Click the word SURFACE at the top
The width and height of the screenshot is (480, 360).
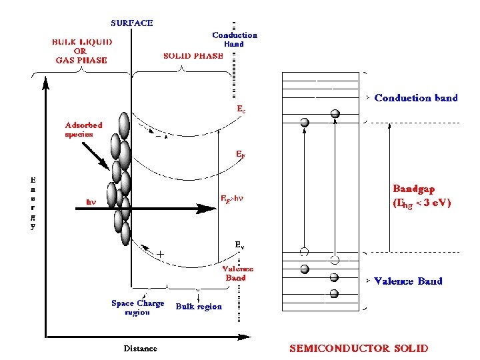pos(131,23)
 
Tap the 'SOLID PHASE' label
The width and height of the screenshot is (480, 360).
pos(193,56)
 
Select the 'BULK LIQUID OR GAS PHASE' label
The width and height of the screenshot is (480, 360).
pos(82,51)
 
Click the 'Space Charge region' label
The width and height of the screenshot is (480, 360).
pos(137,307)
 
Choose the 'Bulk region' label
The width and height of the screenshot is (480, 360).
pos(199,307)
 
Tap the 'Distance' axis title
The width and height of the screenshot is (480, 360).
pos(141,348)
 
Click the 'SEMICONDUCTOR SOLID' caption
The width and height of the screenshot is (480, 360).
pos(358,348)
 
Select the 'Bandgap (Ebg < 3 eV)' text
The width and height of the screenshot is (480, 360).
pos(421,197)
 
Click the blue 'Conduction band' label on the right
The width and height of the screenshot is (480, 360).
pos(416,98)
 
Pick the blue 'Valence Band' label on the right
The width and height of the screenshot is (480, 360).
pos(408,281)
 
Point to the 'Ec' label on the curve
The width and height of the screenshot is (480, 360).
pos(241,109)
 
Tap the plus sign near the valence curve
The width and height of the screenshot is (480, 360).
pos(160,254)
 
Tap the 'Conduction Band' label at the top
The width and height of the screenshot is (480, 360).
pos(234,39)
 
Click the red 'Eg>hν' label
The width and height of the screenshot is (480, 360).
pos(231,199)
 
